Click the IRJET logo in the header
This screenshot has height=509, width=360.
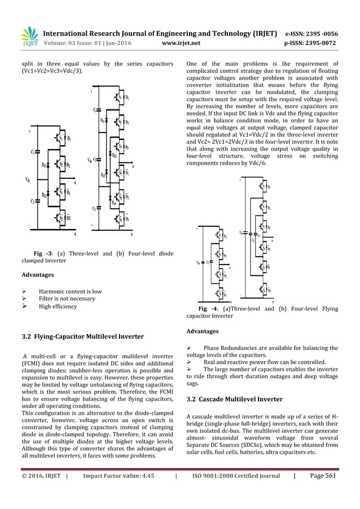[x=29, y=34]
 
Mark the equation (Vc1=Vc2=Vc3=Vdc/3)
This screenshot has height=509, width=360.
[x=52, y=72]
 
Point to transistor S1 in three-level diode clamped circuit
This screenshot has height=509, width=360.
[x=60, y=137]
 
